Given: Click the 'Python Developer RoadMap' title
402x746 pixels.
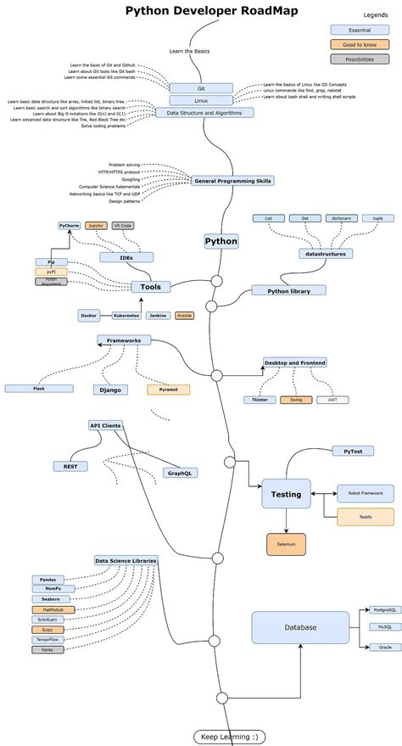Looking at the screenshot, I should (x=200, y=11).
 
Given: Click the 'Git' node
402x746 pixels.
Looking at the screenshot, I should (x=201, y=88).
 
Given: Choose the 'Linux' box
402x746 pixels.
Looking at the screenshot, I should (x=201, y=100).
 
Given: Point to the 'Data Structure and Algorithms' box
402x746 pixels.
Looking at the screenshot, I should (x=204, y=112).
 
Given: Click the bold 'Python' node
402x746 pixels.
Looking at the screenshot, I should (x=221, y=241).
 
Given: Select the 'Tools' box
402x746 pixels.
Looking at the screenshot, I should (x=150, y=287).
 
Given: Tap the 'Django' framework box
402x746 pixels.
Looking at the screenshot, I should (x=111, y=390).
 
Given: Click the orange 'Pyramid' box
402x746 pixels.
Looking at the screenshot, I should (x=168, y=390).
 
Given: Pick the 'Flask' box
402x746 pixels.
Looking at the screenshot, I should (x=39, y=388).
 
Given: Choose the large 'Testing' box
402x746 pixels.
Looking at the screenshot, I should (x=286, y=494).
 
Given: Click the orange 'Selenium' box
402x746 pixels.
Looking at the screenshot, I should (x=286, y=544).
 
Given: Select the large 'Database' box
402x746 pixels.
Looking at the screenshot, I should (x=300, y=627).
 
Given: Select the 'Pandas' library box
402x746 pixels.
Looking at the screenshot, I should (x=47, y=579).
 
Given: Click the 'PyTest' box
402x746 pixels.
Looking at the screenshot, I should (x=353, y=451).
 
